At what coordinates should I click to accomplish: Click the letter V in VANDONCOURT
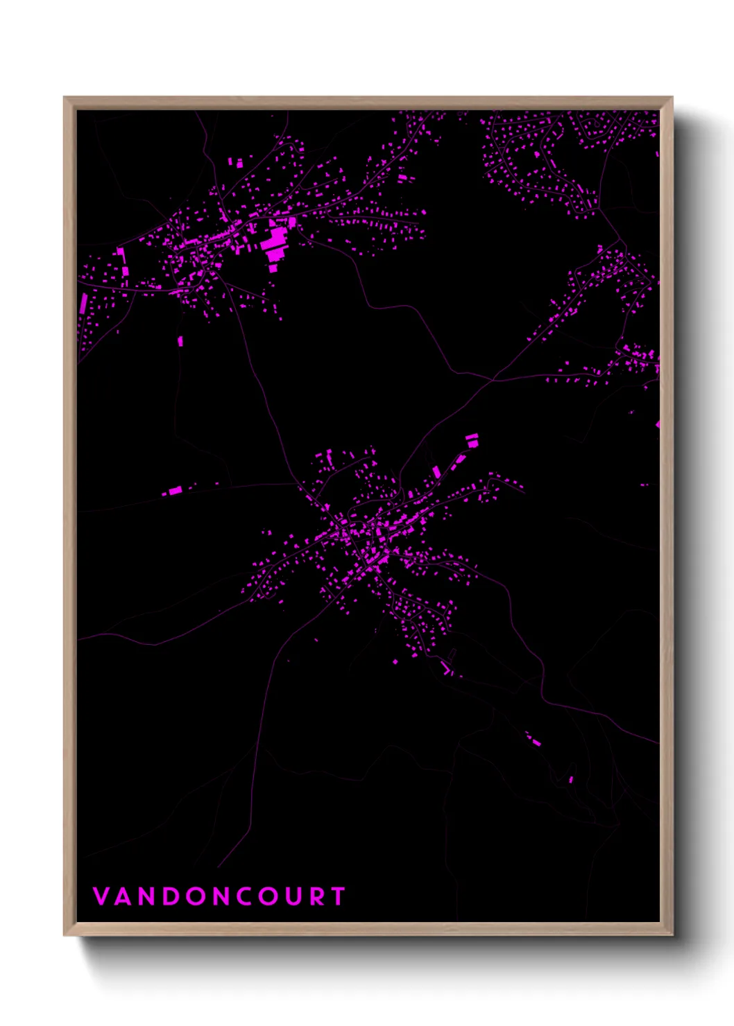pyautogui.click(x=101, y=896)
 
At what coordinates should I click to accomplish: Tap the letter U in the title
pyautogui.click(x=293, y=896)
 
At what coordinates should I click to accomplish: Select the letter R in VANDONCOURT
pyautogui.click(x=317, y=896)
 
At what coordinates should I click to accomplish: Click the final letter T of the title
pyautogui.click(x=339, y=896)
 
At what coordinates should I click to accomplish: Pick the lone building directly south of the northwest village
pyautogui.click(x=181, y=341)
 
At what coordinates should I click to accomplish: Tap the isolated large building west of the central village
pyautogui.click(x=175, y=491)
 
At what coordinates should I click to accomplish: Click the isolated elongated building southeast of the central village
pyautogui.click(x=534, y=740)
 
